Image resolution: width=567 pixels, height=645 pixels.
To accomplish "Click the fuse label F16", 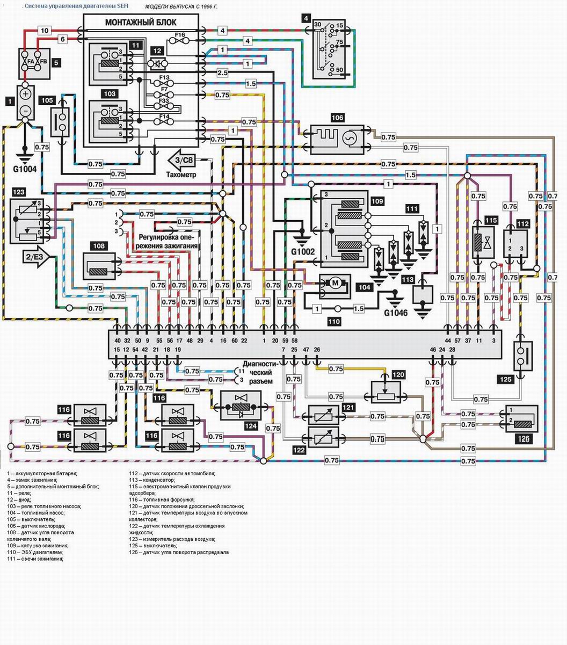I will [180, 34].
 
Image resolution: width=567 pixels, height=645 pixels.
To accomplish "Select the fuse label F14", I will [164, 115].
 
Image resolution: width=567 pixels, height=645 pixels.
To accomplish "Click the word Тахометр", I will [181, 175].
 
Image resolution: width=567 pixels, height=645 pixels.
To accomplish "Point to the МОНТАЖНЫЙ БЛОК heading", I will [141, 22].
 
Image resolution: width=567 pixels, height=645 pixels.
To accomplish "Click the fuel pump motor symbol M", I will [335, 282].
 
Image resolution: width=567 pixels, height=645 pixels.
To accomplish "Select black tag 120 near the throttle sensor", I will [398, 374].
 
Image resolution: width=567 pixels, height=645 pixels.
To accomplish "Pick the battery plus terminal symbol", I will [25, 93].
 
